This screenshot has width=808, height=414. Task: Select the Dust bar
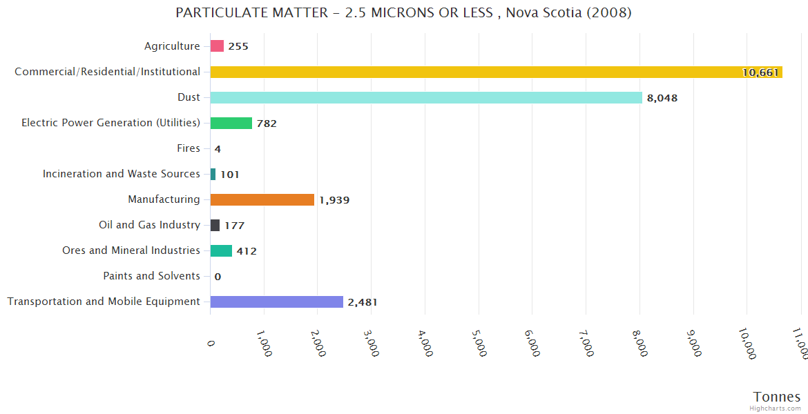[426, 97]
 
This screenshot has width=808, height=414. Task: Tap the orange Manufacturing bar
[262, 199]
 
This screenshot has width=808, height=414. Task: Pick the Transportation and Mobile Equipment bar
[276, 302]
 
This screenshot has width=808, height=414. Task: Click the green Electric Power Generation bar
[231, 123]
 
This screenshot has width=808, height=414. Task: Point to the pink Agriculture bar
[217, 46]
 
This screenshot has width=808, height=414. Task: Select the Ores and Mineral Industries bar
[221, 250]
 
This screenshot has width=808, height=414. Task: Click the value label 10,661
[760, 72]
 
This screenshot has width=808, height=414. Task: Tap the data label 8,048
[662, 98]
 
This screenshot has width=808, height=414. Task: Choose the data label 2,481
[363, 302]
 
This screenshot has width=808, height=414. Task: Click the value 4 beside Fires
[218, 149]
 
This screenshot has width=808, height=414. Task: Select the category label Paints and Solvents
[151, 276]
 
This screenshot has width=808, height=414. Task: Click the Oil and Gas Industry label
[149, 225]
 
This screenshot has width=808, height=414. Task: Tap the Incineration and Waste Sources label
[121, 174]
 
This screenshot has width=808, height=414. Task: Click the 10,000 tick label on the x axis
[746, 343]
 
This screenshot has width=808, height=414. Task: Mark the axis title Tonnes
[777, 397]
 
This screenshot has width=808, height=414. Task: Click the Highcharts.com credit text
[776, 408]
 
